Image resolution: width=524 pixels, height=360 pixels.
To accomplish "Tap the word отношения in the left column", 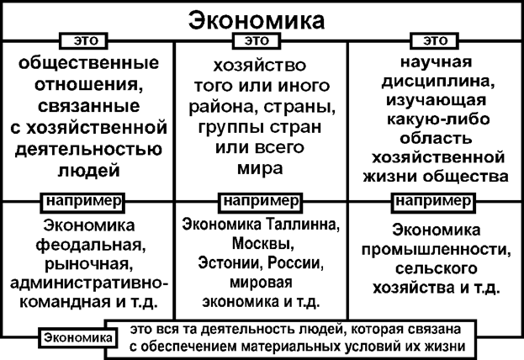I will [87, 86].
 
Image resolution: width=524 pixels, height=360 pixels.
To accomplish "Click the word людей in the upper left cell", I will [87, 171].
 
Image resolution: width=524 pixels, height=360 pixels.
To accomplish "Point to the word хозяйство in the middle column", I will [259, 66].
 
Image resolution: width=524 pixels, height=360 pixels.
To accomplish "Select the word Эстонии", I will [225, 264].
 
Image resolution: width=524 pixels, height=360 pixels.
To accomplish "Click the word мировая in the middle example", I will [259, 283].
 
